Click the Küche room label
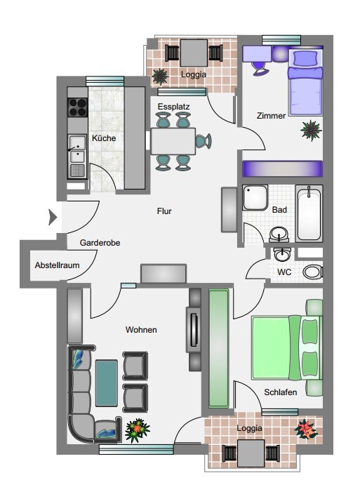coord(104,138)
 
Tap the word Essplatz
coord(174,107)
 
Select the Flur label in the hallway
coord(164,211)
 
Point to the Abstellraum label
coord(58,265)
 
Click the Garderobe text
coord(100,243)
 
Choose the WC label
coord(284,272)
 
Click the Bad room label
coord(279,210)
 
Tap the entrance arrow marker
coord(53,218)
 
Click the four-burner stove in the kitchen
coord(77,107)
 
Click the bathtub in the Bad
coord(309,213)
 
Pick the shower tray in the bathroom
coord(255,198)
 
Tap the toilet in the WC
coord(312,272)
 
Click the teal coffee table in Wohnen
coord(107,383)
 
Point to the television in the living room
coord(193,330)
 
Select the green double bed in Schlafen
coord(286,347)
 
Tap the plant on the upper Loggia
coord(160,76)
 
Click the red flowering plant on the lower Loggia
coord(306,429)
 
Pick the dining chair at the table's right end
coord(204,141)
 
